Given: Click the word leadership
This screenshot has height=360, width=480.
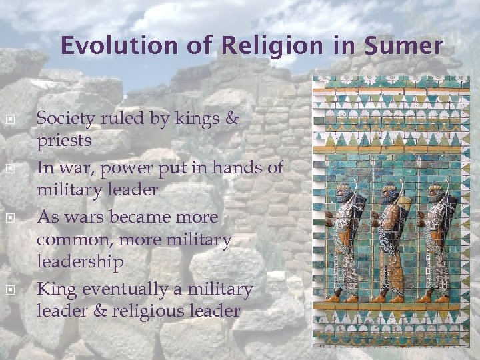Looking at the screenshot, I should click(x=80, y=262).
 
